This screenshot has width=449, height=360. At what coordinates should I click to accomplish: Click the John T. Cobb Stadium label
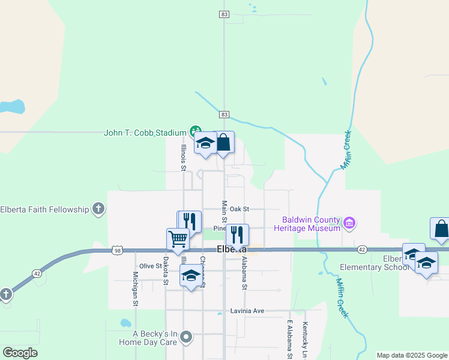click(x=145, y=132)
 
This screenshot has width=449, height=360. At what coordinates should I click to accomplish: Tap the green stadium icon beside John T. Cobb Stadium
click(x=195, y=131)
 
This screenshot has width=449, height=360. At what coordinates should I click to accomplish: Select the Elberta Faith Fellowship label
click(x=44, y=209)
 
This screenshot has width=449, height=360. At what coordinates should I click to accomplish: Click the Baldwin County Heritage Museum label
click(x=307, y=224)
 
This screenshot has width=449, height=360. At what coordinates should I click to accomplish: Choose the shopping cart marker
click(x=178, y=239)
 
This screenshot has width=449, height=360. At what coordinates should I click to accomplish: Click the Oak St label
click(x=239, y=209)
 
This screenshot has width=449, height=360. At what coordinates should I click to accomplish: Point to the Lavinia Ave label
click(x=247, y=311)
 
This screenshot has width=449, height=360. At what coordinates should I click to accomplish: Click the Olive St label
click(x=151, y=266)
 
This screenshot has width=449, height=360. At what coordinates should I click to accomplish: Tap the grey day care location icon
click(x=187, y=337)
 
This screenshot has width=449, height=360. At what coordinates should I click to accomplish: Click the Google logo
click(x=20, y=353)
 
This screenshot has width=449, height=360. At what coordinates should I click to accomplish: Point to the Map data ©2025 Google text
click(x=412, y=355)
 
